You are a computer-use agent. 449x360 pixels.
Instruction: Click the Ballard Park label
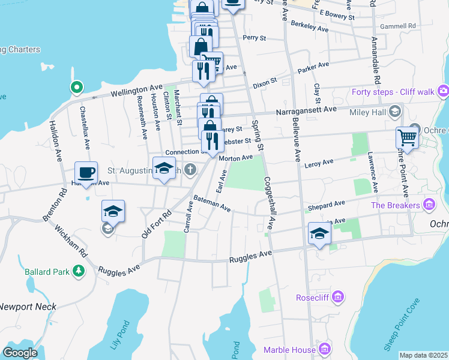(x=46, y=272)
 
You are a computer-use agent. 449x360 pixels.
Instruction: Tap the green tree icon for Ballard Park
(x=78, y=272)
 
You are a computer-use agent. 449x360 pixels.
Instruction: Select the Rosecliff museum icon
(x=338, y=297)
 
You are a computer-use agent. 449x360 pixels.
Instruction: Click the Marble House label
(x=289, y=349)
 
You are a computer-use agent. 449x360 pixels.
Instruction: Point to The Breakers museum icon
(x=429, y=206)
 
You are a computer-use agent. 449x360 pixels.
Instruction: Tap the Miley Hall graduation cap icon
(x=395, y=111)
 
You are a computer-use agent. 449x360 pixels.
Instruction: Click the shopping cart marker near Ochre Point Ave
(x=407, y=137)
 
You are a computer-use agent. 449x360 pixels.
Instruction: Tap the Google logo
(x=20, y=353)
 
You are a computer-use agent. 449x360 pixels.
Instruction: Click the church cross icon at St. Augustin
(x=190, y=170)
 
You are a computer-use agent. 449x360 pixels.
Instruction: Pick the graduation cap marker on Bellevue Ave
(x=320, y=233)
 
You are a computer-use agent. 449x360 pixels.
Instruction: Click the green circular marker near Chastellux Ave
(x=76, y=88)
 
